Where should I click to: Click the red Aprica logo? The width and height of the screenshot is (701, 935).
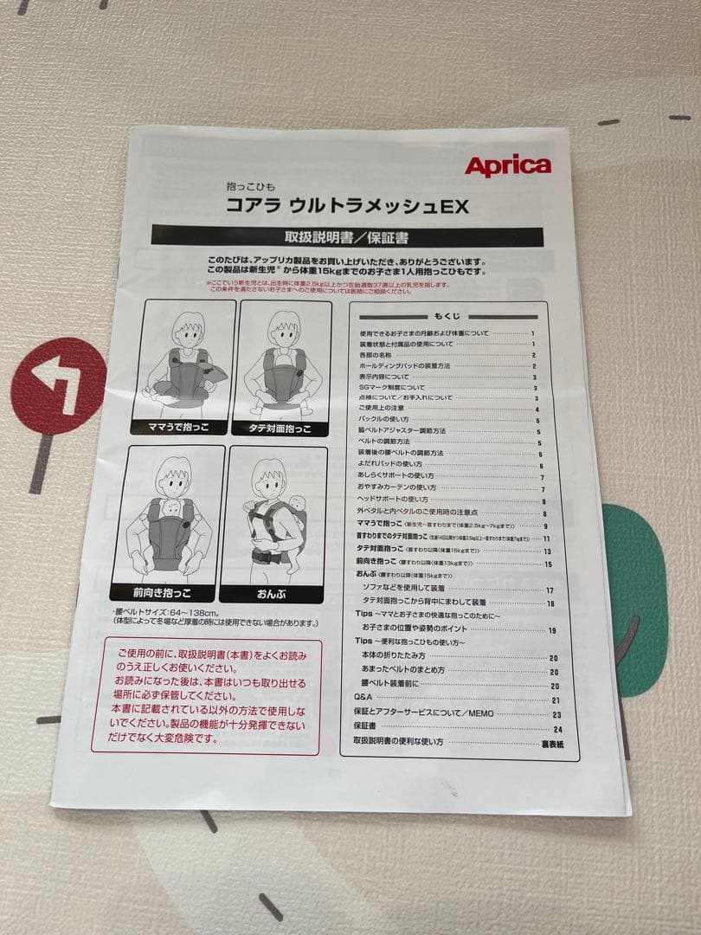tap(507, 166)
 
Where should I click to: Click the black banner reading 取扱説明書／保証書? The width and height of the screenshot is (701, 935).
tap(347, 236)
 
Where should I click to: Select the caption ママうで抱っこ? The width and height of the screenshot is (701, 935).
tap(179, 428)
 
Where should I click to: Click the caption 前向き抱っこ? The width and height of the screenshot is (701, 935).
tap(162, 593)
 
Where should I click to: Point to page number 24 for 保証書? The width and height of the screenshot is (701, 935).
tap(556, 729)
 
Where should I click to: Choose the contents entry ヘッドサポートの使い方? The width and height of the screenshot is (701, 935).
tap(393, 500)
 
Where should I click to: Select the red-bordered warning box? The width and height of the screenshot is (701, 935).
tap(206, 696)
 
